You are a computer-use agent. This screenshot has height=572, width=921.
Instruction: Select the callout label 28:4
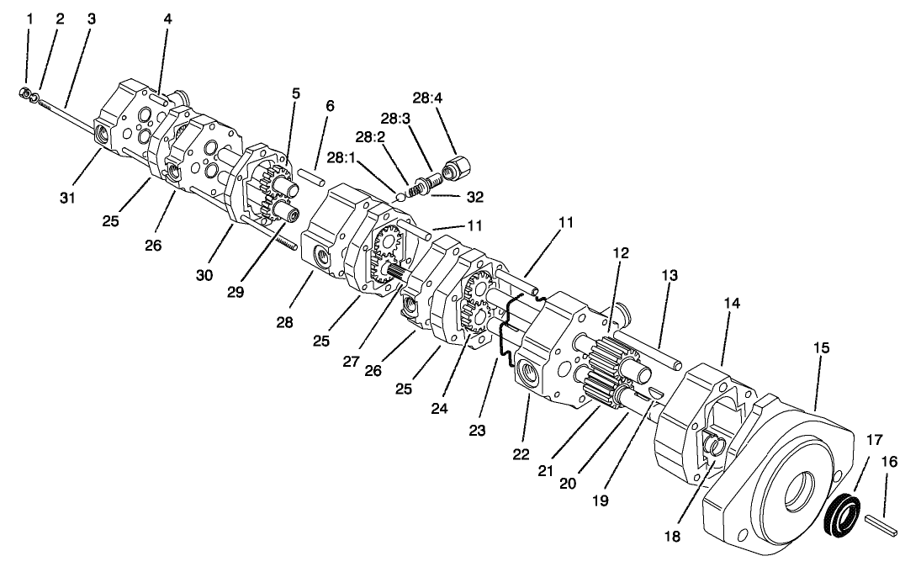pyautogui.click(x=427, y=98)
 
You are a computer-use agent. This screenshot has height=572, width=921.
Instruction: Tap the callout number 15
pyautogui.click(x=821, y=347)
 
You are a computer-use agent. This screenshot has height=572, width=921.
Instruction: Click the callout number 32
pyautogui.click(x=475, y=197)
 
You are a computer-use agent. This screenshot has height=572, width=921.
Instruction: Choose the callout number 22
pyautogui.click(x=521, y=455)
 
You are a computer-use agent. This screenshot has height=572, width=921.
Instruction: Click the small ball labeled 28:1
pyautogui.click(x=400, y=196)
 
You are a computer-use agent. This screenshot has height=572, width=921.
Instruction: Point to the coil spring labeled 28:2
pyautogui.click(x=415, y=190)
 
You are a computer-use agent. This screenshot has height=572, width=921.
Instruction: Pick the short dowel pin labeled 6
pyautogui.click(x=310, y=177)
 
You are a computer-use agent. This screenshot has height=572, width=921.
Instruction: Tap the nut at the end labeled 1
pyautogui.click(x=26, y=93)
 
